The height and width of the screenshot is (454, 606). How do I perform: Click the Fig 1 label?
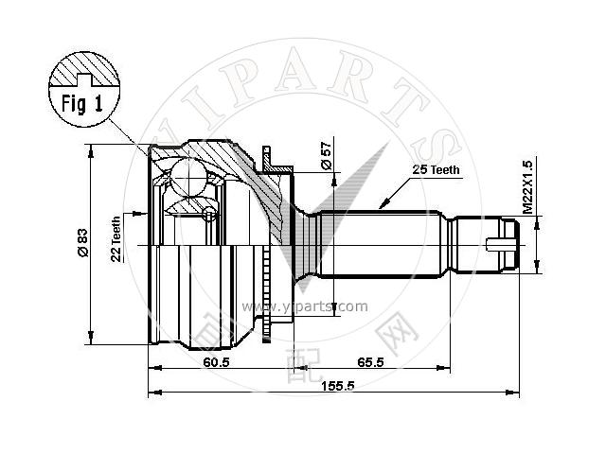coord(82,103)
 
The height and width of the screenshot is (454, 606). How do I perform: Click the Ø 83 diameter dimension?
coord(83,243)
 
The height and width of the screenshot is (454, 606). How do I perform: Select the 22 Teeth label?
coord(116,239)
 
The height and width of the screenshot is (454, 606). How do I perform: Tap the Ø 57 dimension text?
coord(327,155)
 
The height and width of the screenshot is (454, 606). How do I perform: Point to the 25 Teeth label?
coord(436,169)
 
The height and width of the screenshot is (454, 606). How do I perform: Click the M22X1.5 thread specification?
coord(527,187)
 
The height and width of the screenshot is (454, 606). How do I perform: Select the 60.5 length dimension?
coord(217,361)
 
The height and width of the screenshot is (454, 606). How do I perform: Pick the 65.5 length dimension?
coord(370,361)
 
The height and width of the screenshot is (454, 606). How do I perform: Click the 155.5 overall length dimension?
coord(338,386)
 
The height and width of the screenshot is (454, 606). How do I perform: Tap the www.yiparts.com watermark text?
coord(305,306)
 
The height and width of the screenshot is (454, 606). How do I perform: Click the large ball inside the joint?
coord(188,178)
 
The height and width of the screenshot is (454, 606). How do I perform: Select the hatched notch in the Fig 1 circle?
coord(84,79)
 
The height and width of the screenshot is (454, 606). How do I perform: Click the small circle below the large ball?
coord(209,214)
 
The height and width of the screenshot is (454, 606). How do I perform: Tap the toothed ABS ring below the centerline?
coord(266,294)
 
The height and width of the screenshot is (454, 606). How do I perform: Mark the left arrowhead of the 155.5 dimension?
coord(154,393)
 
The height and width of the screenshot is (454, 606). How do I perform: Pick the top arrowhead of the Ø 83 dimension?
coord(91,151)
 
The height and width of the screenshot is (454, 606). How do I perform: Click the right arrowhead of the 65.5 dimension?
coord(444,368)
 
